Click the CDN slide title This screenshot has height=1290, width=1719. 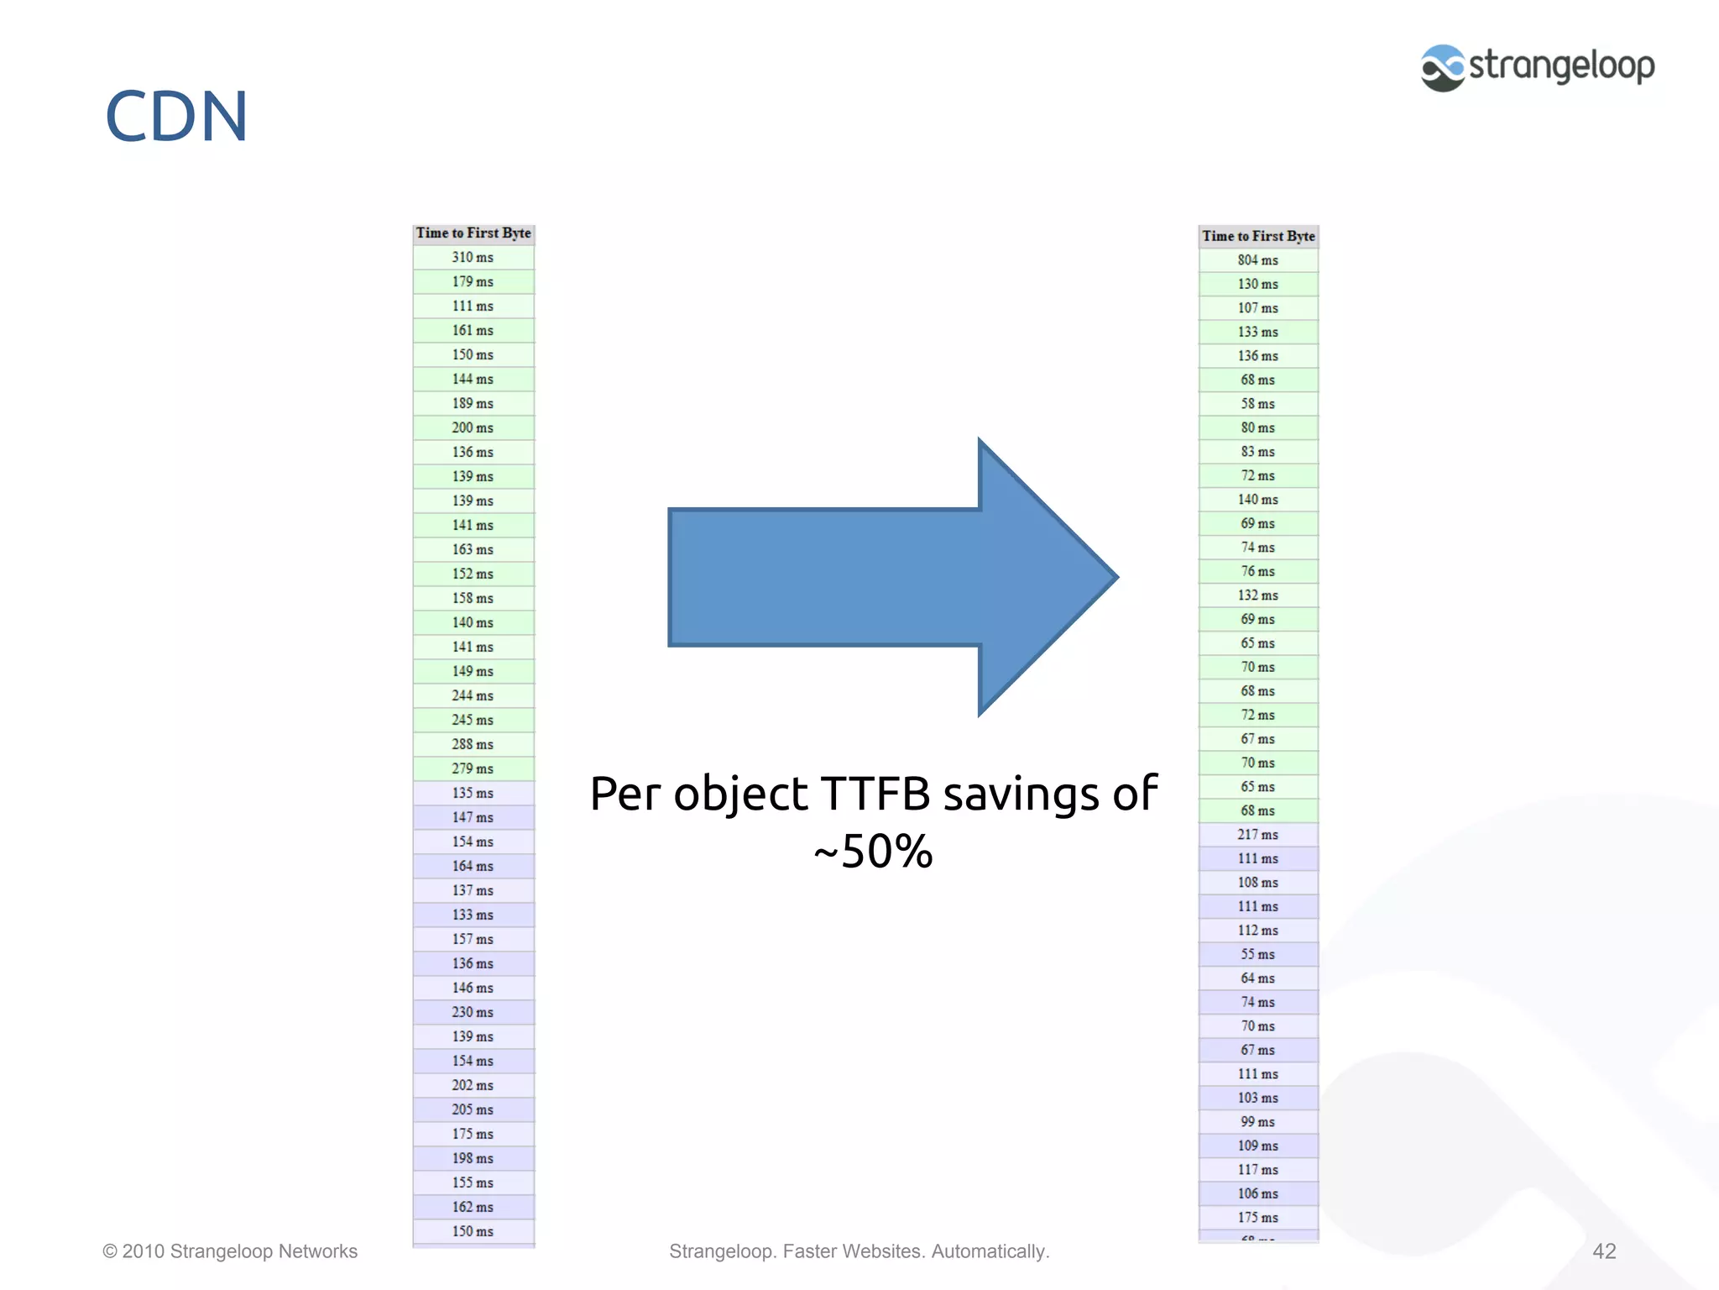[x=176, y=116]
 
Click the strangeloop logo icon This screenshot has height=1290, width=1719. [x=1442, y=68]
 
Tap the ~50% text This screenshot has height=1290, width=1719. [x=873, y=852]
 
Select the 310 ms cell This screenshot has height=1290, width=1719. [x=473, y=257]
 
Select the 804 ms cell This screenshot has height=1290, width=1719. [x=1257, y=260]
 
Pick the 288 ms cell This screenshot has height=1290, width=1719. [x=473, y=744]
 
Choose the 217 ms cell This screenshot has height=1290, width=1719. [x=1257, y=835]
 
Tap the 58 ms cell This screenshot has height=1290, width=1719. [x=1257, y=404]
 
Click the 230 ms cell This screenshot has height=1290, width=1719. [x=473, y=1012]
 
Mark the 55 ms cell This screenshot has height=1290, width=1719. [x=1257, y=954]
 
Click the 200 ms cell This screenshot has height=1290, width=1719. [x=473, y=427]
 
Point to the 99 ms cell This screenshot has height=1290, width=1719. [x=1257, y=1122]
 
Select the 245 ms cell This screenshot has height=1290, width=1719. [x=473, y=720]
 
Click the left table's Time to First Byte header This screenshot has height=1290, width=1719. [x=473, y=233]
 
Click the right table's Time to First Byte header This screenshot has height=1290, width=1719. [x=1258, y=236]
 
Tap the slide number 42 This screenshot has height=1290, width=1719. [x=1604, y=1251]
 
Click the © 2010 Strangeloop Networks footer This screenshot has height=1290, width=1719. [x=230, y=1251]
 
